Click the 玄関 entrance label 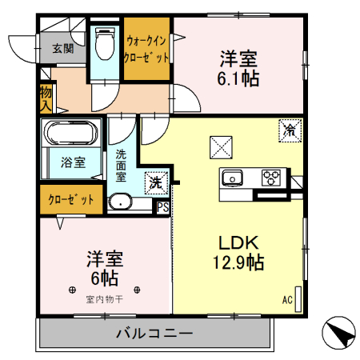coord(63,48)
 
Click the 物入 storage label coord(46,97)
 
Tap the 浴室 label coord(73,162)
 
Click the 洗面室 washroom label coord(121,164)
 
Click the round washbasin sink coord(121,201)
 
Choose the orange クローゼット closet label coord(70,199)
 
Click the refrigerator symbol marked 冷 coord(289,129)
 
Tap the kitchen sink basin coord(233,178)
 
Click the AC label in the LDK coord(287,300)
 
